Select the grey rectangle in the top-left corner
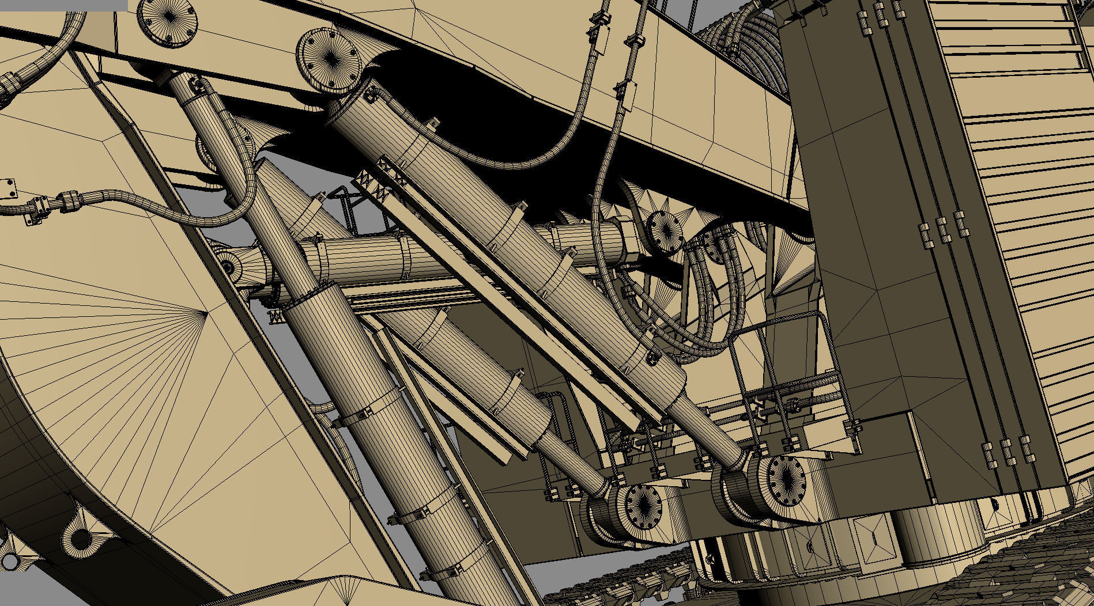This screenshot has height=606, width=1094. click(63, 5)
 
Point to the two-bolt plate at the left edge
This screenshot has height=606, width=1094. click(7, 188)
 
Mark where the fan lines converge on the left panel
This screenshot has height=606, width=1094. click(208, 313)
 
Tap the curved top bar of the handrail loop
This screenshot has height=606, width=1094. click(795, 318)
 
